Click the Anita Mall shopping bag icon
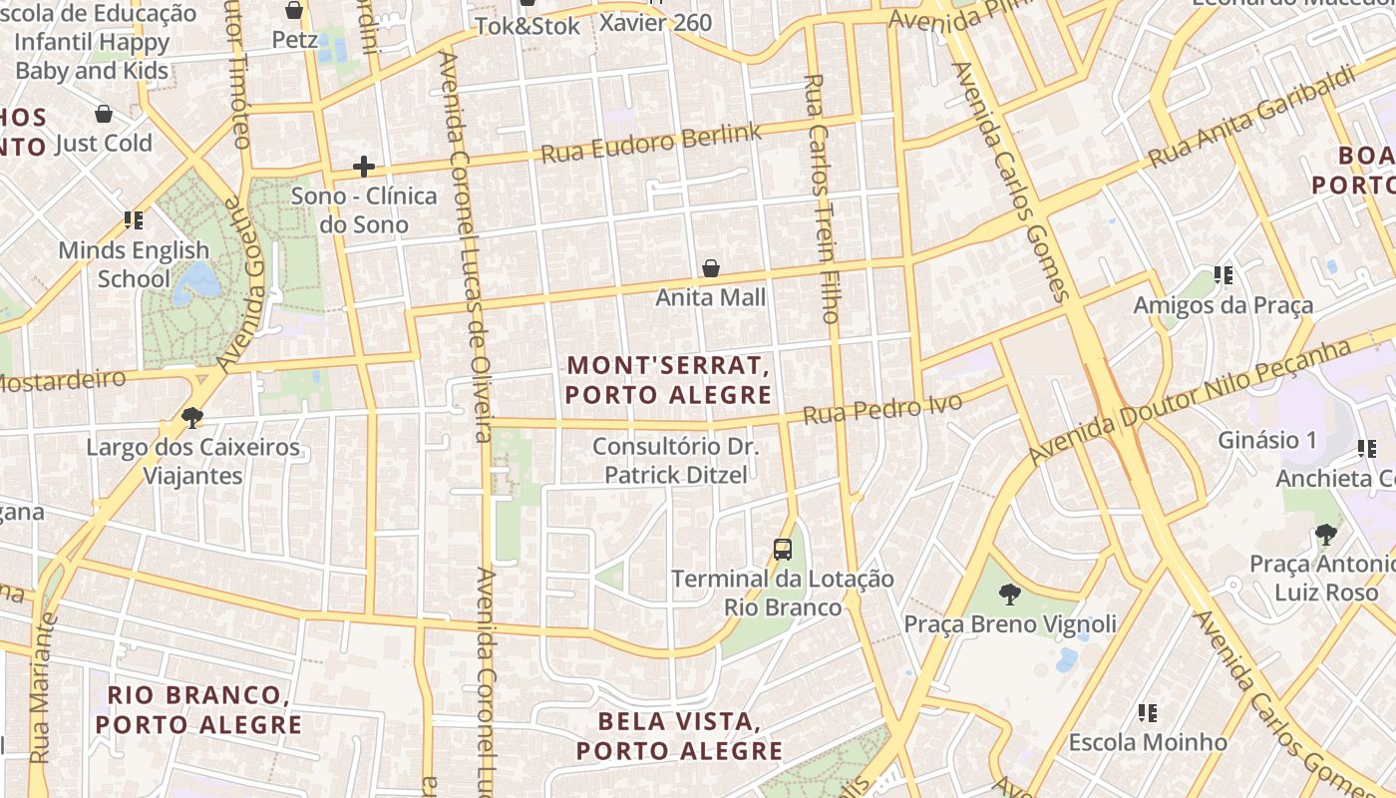(711, 268)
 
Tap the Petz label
(295, 40)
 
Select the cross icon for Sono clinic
(364, 166)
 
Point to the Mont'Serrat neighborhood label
(668, 380)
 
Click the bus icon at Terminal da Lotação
(783, 549)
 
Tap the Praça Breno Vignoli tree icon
(1009, 596)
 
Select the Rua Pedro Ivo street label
(882, 409)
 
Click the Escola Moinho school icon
(1148, 713)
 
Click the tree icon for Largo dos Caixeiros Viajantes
(192, 417)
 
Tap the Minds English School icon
(134, 220)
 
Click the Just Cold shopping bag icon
(104, 114)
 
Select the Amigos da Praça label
(1222, 305)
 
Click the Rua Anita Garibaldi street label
(1251, 117)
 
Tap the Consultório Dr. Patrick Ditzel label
(675, 461)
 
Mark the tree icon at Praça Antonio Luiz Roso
(1325, 536)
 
